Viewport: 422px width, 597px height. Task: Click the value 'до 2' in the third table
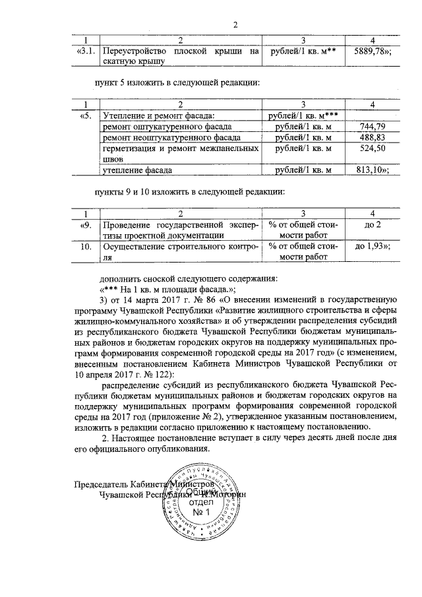click(x=373, y=226)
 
